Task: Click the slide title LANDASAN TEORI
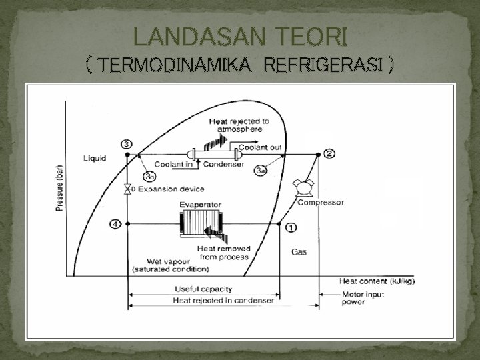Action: (239, 35)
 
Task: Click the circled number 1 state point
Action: (291, 227)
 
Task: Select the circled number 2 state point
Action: (329, 154)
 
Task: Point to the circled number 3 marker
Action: (126, 144)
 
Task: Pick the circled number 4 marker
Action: (116, 224)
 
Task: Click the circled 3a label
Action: (262, 171)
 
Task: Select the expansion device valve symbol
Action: (127, 189)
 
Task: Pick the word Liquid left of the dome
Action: (95, 158)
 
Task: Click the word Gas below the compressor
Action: (299, 252)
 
